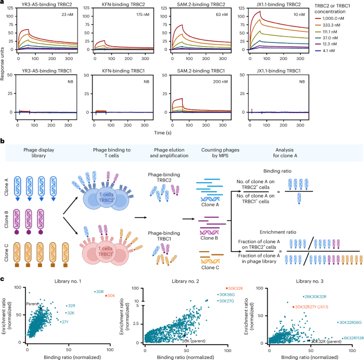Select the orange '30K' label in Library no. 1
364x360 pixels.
pos(111,296)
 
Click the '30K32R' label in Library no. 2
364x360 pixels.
pos(235,287)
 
